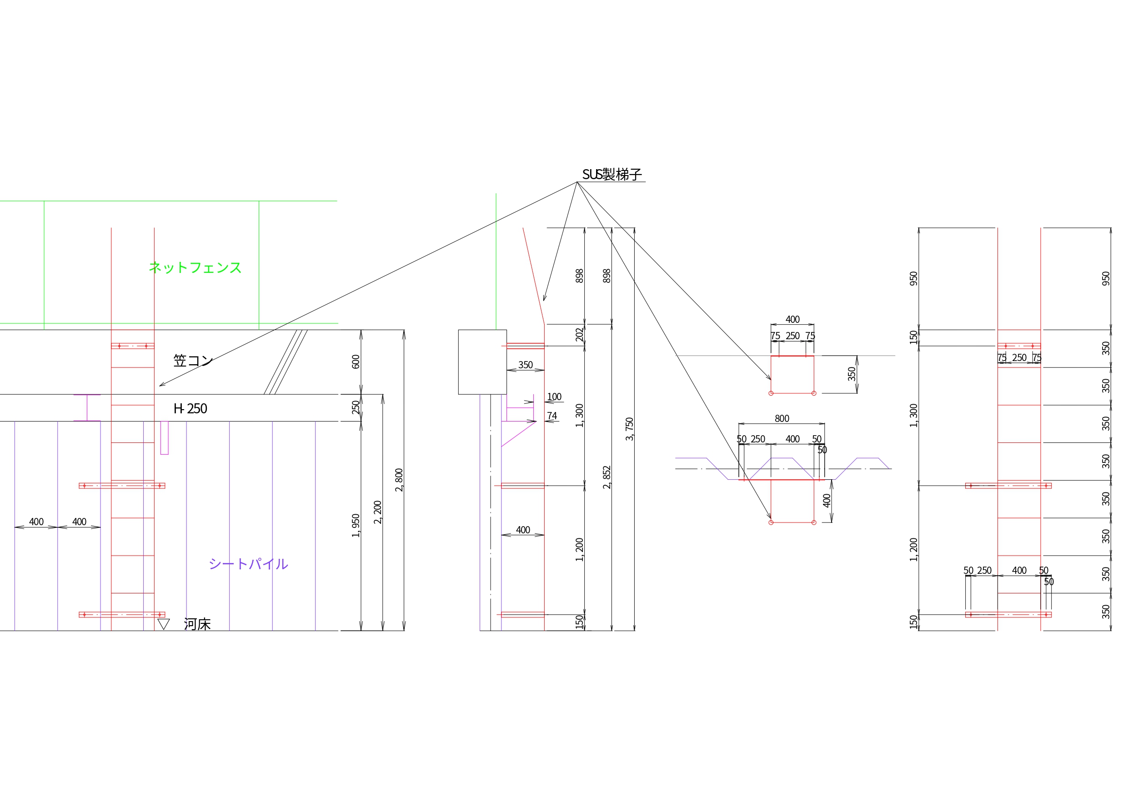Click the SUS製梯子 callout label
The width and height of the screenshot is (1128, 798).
coord(612,175)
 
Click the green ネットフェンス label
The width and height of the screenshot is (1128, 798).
coord(195,268)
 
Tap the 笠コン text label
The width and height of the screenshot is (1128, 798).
coord(193,361)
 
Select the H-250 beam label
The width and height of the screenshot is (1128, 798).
coord(190,409)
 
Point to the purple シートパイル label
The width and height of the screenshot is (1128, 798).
coord(248,564)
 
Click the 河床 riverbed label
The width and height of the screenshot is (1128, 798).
coord(197,625)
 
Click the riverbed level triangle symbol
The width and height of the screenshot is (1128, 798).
coord(164,624)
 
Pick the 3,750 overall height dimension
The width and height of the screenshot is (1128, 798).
coord(629,429)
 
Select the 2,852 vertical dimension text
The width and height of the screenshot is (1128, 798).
coord(607,477)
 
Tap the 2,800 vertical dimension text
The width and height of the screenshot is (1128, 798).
coord(399,480)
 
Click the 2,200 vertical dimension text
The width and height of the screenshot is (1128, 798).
coord(377,512)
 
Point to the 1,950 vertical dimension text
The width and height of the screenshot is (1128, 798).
coord(356,525)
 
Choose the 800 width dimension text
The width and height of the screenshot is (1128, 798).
coord(782,419)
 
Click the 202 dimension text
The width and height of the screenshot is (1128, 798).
coord(579,335)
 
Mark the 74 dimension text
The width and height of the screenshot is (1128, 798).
coord(552,416)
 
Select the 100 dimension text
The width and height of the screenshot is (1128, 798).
coord(554,396)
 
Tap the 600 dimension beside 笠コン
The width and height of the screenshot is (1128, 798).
coord(356,361)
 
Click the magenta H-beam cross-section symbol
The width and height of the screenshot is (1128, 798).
coord(87,407)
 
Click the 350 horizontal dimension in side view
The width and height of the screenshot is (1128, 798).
coord(525,365)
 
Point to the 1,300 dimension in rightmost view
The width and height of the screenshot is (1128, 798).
coord(913,416)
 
